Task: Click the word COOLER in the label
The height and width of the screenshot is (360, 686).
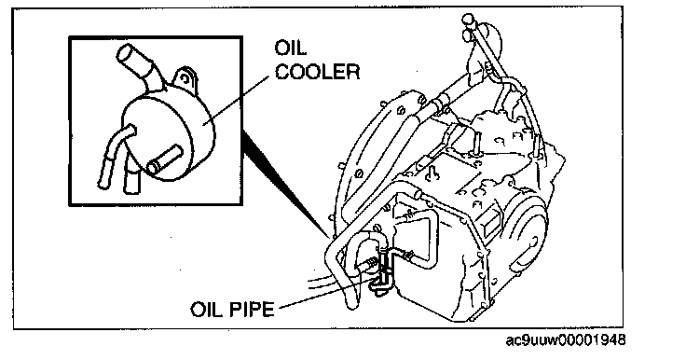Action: click(x=317, y=72)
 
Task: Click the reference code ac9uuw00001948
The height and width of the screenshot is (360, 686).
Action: click(x=565, y=339)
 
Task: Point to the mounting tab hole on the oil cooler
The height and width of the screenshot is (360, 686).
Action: click(x=185, y=79)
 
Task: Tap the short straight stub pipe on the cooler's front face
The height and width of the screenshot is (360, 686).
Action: click(x=164, y=160)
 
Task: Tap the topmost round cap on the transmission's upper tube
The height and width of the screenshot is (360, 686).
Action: click(x=468, y=19)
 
